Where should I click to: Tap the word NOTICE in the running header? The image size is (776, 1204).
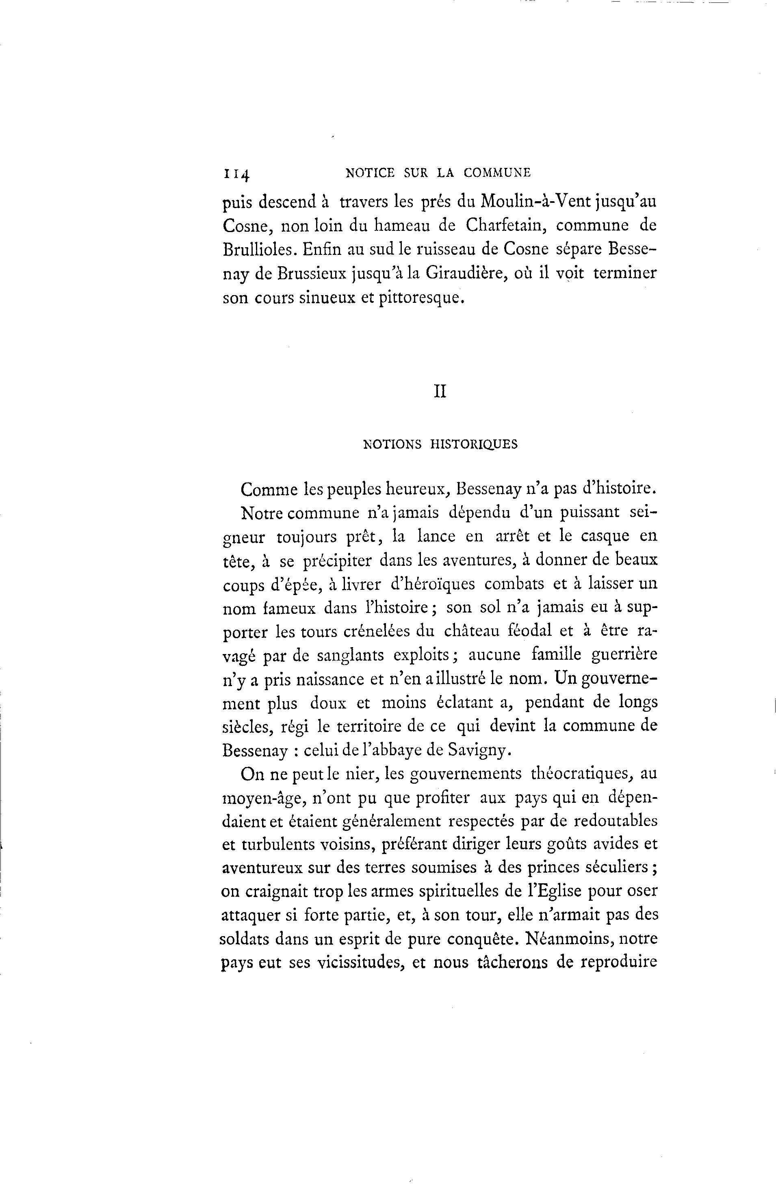coord(371,173)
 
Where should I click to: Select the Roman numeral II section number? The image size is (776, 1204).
coord(440,392)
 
